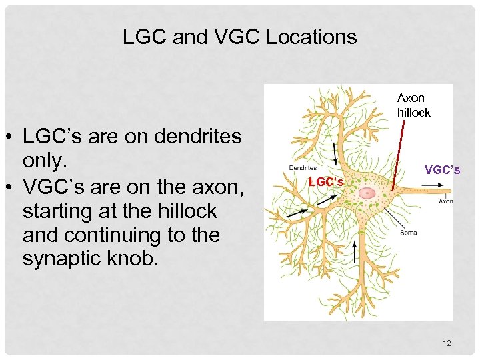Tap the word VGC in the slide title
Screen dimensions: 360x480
coord(236,37)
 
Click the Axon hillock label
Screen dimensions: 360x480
coord(413,105)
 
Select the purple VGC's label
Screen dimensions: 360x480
coord(443,170)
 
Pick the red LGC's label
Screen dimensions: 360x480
coord(325,182)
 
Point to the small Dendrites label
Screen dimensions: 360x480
coord(303,168)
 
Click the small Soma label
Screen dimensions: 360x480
coord(409,233)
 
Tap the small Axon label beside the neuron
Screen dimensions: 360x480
coord(445,201)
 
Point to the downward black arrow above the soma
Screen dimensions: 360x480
coord(339,167)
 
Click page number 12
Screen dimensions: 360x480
coord(447,343)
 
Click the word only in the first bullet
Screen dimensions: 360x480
coord(45,162)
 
